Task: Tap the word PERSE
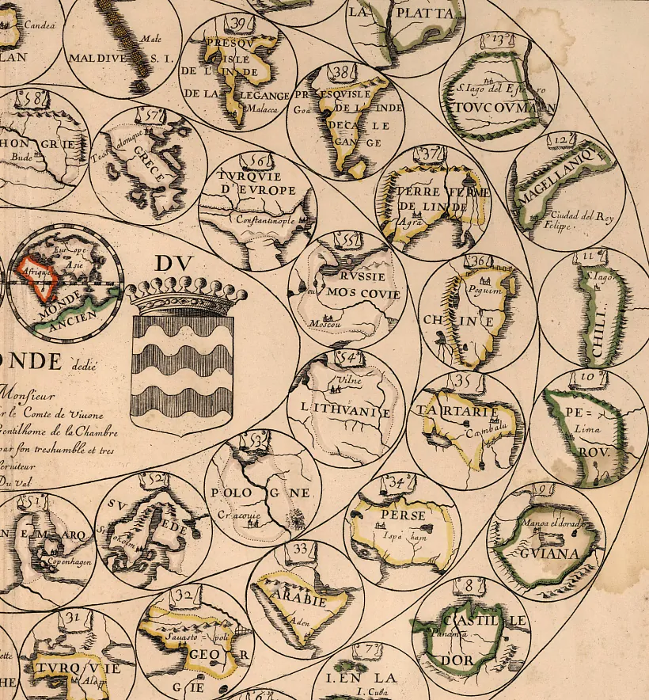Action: click(x=398, y=515)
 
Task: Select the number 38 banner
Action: click(x=343, y=73)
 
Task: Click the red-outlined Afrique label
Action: click(x=37, y=271)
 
